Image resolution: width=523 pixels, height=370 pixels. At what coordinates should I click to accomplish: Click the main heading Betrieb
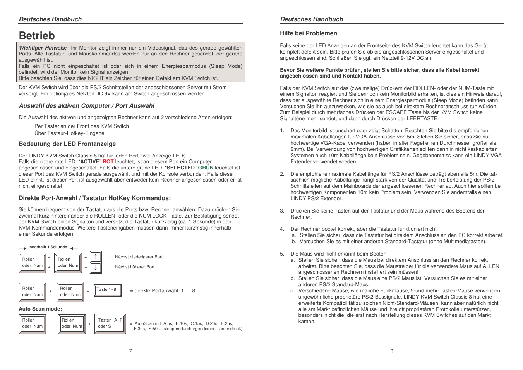click(37, 36)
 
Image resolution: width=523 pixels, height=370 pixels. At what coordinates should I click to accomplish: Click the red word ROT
click(108, 162)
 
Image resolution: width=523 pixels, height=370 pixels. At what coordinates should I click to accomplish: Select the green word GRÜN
click(206, 168)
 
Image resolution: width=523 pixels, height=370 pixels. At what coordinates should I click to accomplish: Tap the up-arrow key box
click(96, 257)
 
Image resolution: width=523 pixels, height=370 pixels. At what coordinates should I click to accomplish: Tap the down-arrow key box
click(96, 267)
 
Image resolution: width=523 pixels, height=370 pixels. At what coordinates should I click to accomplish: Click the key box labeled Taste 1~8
click(108, 290)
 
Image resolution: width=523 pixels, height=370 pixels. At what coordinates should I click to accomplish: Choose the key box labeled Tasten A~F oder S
click(110, 323)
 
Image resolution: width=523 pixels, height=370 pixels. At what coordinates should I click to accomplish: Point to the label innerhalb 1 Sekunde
click(48, 247)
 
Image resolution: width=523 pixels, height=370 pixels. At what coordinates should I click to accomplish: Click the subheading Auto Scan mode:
click(40, 309)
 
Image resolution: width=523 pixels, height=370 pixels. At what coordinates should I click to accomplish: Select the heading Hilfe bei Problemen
click(308, 33)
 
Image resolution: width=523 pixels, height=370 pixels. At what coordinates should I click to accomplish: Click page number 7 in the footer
click(130, 351)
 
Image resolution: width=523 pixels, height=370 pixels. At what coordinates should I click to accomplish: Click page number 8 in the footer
click(391, 351)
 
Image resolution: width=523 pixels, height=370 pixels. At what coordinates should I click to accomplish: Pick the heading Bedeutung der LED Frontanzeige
click(67, 144)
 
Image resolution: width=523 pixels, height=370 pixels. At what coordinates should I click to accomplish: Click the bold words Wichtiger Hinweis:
click(43, 48)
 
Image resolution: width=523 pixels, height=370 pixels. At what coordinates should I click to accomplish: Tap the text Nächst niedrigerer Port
click(139, 257)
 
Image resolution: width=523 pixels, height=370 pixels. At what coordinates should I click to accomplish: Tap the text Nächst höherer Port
click(134, 267)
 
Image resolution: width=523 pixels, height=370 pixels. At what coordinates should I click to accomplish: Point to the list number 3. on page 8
click(282, 211)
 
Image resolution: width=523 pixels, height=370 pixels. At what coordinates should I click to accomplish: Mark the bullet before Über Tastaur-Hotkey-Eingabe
click(28, 133)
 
